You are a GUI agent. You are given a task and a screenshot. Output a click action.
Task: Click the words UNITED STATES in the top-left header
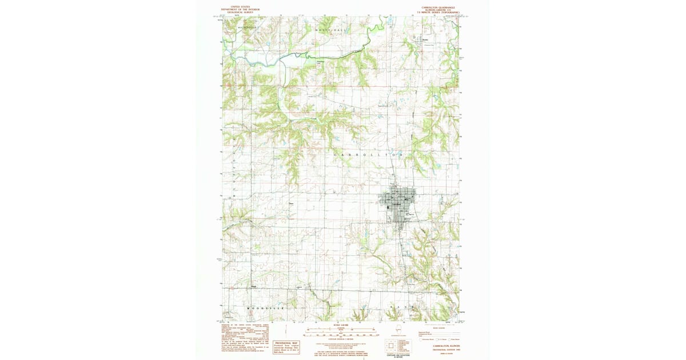pos(240,7)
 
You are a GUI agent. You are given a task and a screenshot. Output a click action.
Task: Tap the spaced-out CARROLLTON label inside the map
pos(369,155)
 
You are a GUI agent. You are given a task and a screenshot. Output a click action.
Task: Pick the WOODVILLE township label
pos(265,309)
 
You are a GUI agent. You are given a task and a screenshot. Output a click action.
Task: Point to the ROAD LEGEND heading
pos(439,328)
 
